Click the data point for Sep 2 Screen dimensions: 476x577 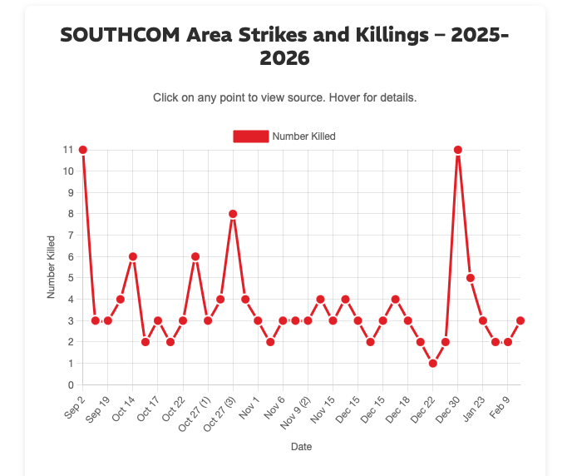83,150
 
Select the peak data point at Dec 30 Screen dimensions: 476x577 458,150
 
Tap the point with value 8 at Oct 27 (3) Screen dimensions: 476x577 233,214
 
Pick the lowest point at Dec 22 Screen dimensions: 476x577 433,364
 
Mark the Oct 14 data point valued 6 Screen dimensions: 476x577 133,256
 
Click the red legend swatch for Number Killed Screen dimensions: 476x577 251,136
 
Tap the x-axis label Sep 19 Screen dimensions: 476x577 98,405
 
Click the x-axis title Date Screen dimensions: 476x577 302,447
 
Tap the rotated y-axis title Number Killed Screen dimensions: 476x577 52,267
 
